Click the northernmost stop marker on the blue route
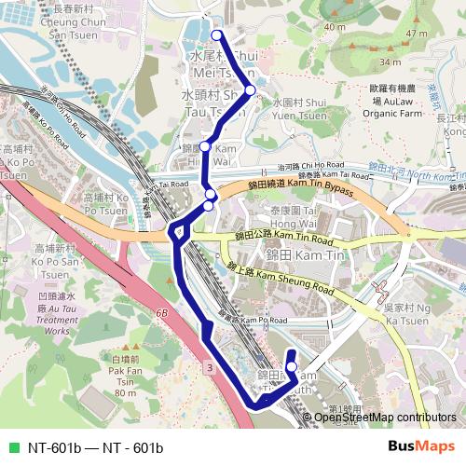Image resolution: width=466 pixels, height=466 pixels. click(217, 35)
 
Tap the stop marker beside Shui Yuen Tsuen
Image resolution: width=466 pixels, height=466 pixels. click(250, 90)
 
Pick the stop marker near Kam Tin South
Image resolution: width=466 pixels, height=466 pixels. click(291, 366)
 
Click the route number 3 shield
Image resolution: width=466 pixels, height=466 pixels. click(211, 370)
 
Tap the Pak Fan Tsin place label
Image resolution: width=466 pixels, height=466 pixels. click(125, 377)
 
